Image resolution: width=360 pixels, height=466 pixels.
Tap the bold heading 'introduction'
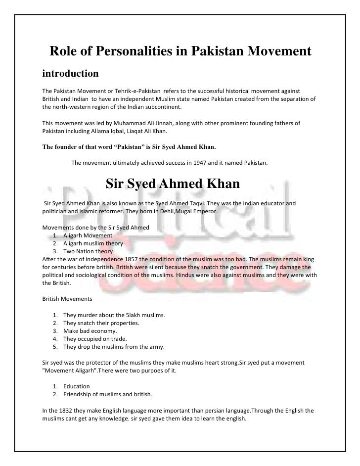71,74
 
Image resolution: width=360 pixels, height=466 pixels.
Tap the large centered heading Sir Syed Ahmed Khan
173,185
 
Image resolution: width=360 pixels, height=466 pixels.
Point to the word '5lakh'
132,315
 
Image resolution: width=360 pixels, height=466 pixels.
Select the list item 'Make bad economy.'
90,331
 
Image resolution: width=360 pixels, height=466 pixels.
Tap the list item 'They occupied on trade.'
96,339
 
